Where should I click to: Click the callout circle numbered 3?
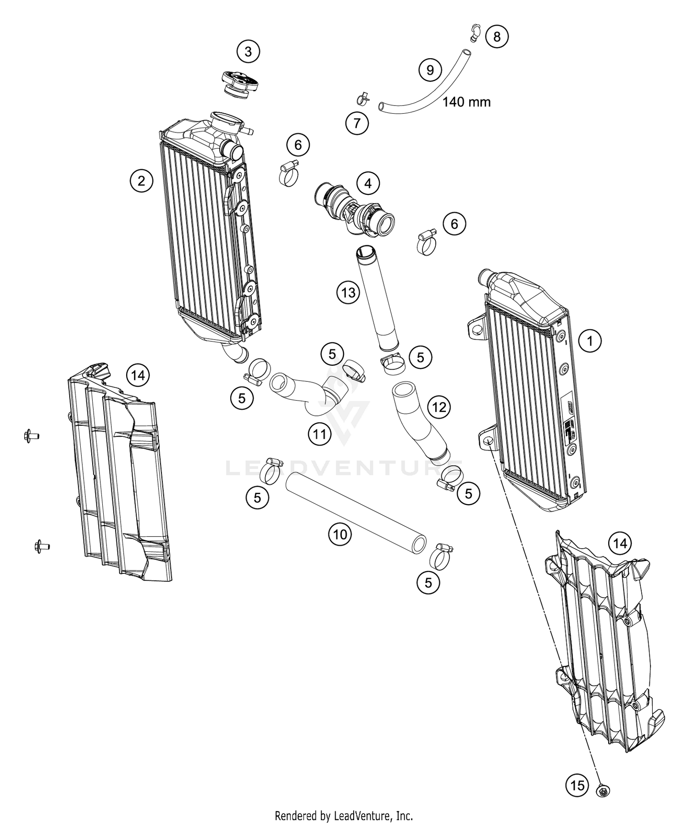(248, 52)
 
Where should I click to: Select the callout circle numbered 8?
(497, 36)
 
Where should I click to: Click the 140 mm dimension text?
(466, 102)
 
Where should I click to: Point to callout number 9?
(430, 70)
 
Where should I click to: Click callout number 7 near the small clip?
(357, 123)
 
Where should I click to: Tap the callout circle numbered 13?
(349, 292)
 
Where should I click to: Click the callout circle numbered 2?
(141, 181)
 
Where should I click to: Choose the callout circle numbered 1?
(590, 341)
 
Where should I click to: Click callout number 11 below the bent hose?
(320, 434)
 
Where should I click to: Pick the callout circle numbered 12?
(439, 407)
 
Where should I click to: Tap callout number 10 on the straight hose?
(340, 534)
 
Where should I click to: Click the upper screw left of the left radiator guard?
(31, 435)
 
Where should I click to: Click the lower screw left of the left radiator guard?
(42, 545)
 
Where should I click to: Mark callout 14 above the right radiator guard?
(620, 544)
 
